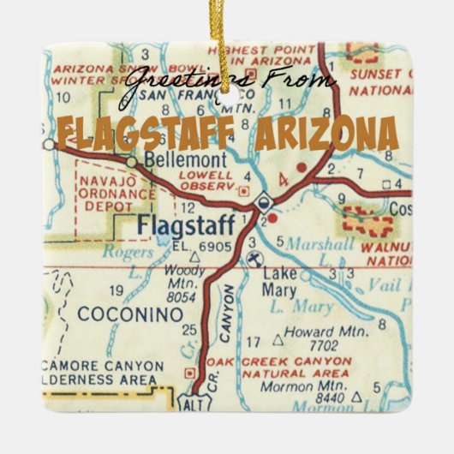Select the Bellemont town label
pos(174,160)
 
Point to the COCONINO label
pos(130,315)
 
